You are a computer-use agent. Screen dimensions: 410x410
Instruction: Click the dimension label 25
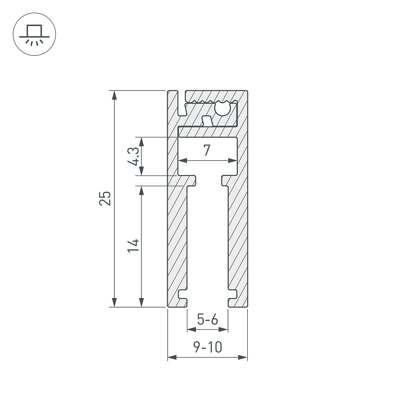pos(105,198)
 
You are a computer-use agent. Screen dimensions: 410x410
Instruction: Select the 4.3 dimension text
pos(133,156)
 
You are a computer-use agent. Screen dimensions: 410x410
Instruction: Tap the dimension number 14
pos(133,246)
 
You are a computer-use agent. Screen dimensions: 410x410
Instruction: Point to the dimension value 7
pos(207,150)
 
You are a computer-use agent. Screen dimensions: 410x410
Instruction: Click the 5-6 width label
pos(207,319)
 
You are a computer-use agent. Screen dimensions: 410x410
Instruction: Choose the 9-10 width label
pos(207,347)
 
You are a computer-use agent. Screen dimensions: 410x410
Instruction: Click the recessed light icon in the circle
pos(34,35)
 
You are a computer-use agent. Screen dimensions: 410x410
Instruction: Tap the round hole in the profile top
pos(222,109)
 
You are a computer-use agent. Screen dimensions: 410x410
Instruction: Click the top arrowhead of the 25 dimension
pos(114,95)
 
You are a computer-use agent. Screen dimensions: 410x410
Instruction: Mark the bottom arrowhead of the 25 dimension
pos(114,302)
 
